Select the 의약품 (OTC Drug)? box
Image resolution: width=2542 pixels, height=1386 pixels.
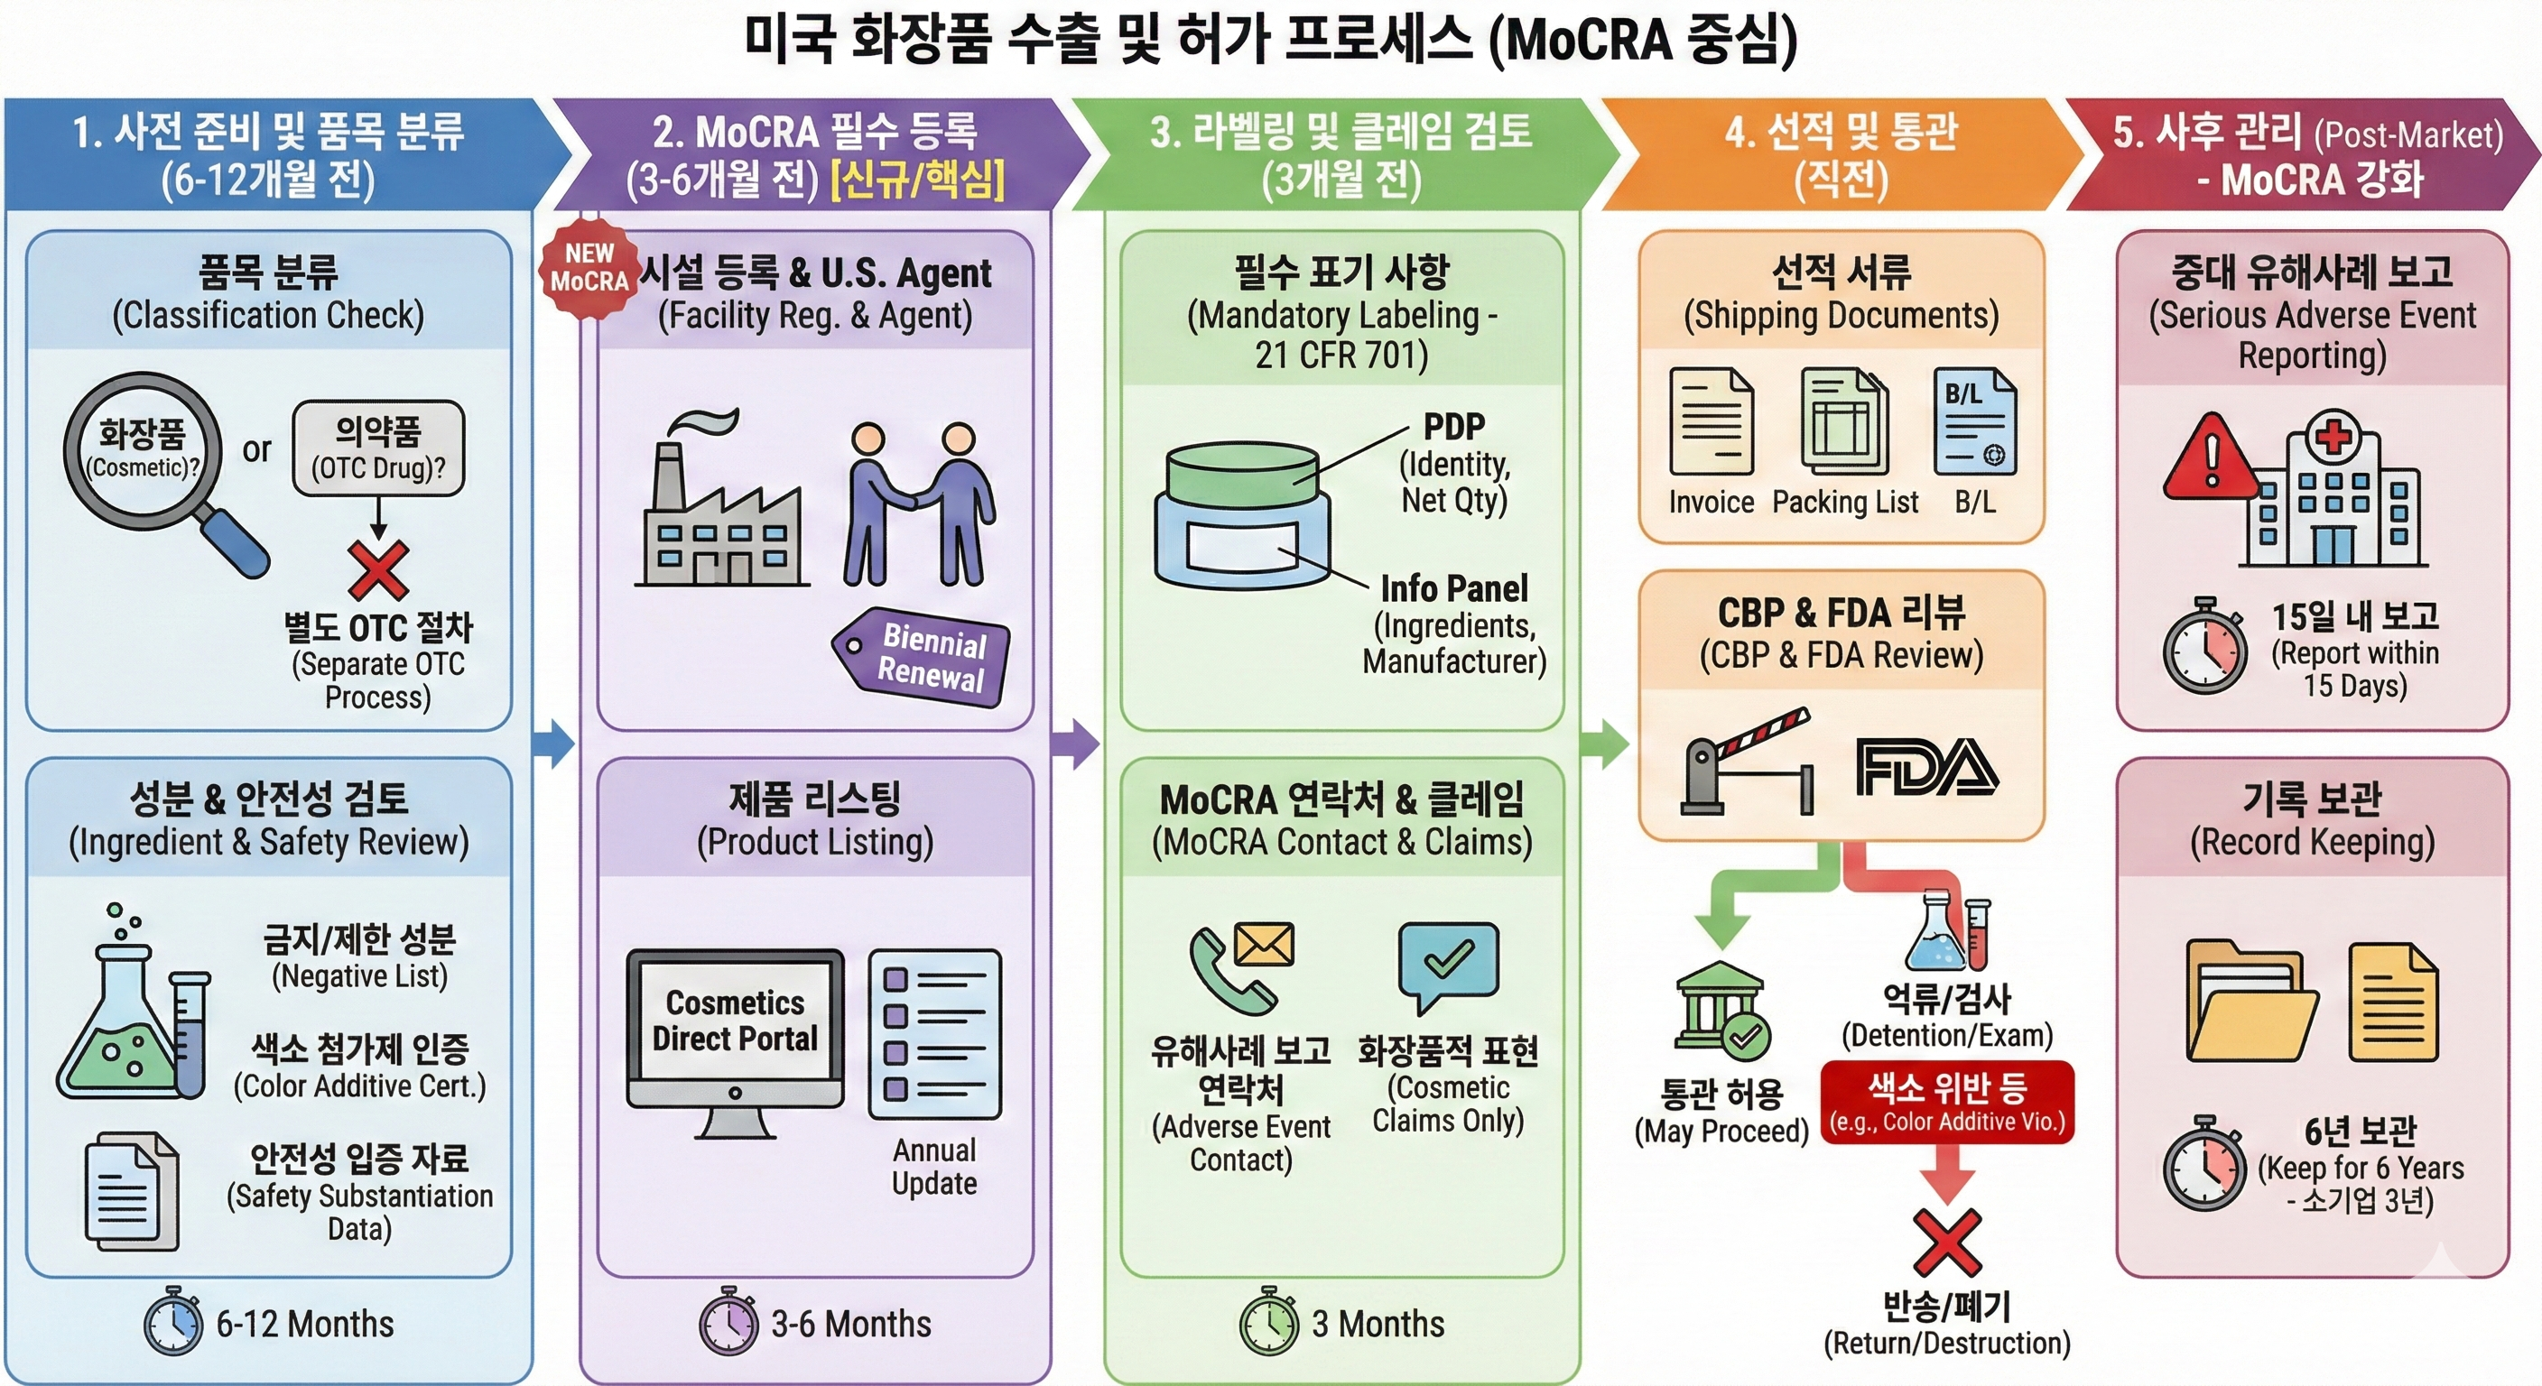pyautogui.click(x=378, y=448)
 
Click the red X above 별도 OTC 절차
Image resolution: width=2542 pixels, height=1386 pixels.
pyautogui.click(x=378, y=570)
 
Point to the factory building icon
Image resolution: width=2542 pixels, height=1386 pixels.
pyautogui.click(x=721, y=513)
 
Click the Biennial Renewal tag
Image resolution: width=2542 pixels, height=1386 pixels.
pyautogui.click(x=922, y=657)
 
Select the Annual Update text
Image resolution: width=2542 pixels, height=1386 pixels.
pyautogui.click(x=933, y=1166)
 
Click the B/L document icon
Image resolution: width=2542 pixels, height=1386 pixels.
pyautogui.click(x=1973, y=422)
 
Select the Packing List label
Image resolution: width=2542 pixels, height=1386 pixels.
pyautogui.click(x=1844, y=502)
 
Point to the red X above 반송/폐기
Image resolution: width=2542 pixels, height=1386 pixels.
pyautogui.click(x=1946, y=1241)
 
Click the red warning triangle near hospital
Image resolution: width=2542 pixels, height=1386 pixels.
pyautogui.click(x=2211, y=458)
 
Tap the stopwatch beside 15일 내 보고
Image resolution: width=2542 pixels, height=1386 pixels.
pyautogui.click(x=2205, y=646)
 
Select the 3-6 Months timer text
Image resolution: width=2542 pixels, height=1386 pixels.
pyautogui.click(x=850, y=1324)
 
